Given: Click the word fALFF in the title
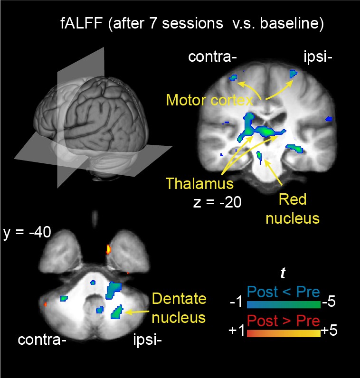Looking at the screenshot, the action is click(82, 23).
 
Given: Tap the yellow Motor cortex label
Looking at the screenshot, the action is click(209, 100).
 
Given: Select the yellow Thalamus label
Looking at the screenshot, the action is click(200, 183).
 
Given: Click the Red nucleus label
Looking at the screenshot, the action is click(293, 209).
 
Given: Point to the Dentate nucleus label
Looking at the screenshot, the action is click(179, 308).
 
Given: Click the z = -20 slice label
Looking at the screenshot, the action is click(217, 202).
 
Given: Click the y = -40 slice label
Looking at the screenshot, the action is click(27, 232).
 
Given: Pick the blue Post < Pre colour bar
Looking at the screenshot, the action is click(284, 305).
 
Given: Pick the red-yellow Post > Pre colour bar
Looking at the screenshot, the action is click(284, 333).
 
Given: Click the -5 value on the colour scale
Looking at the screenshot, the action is click(329, 302).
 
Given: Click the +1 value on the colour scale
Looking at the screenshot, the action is click(237, 330).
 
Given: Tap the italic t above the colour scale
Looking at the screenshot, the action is click(283, 273).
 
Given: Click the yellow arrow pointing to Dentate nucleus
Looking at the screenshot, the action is click(137, 312).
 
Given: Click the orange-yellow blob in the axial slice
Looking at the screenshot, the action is click(108, 249).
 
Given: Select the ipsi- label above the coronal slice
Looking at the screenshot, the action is click(318, 57).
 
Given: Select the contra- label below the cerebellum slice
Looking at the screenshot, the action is click(42, 340).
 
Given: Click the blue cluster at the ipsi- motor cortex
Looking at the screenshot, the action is click(293, 74).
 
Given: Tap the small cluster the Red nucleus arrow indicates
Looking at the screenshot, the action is click(259, 155).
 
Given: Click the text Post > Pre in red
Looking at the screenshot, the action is click(284, 321).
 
